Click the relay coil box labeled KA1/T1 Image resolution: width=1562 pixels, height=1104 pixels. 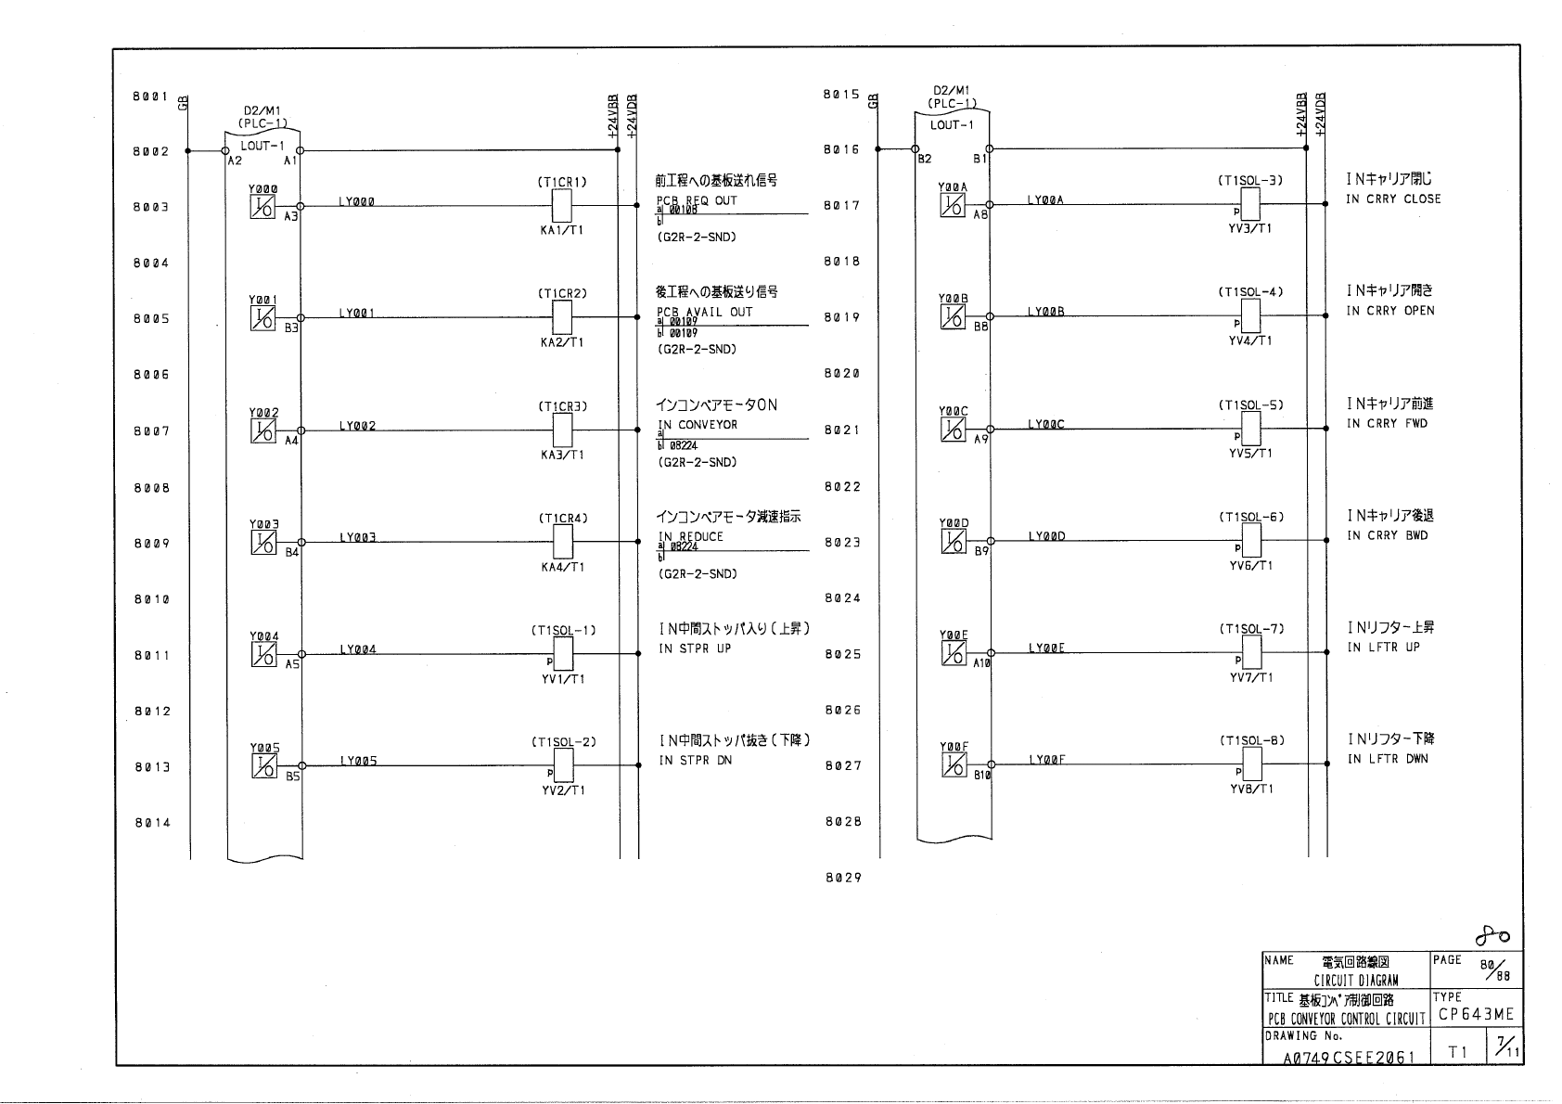pyautogui.click(x=562, y=205)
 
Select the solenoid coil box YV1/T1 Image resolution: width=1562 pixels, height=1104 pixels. pyautogui.click(x=562, y=654)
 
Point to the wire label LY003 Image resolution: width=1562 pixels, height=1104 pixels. pyautogui.click(x=357, y=537)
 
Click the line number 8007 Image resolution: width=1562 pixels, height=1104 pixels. pyautogui.click(x=151, y=431)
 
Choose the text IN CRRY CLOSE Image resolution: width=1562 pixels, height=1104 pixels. pyautogui.click(x=1393, y=199)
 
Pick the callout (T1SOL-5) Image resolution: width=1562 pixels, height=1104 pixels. pyautogui.click(x=1250, y=405)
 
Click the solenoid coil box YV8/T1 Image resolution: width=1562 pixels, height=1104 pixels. pyautogui.click(x=1251, y=764)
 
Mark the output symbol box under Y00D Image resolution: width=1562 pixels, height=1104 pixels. pyautogui.click(x=953, y=541)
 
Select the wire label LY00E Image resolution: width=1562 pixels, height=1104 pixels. pyautogui.click(x=1045, y=648)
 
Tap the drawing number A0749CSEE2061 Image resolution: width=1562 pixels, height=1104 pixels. pyautogui.click(x=1349, y=1057)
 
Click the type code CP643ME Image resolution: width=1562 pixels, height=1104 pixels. pyautogui.click(x=1476, y=1015)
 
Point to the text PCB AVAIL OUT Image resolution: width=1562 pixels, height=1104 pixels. pyautogui.click(x=704, y=313)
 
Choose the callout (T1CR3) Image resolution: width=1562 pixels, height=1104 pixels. pyautogui.click(x=562, y=406)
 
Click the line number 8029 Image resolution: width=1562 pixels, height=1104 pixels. pyautogui.click(x=843, y=878)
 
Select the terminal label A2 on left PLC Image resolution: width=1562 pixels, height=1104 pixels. pyautogui.click(x=235, y=160)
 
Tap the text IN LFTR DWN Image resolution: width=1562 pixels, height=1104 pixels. pyautogui.click(x=1388, y=759)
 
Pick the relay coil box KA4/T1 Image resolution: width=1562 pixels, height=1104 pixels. pyautogui.click(x=562, y=541)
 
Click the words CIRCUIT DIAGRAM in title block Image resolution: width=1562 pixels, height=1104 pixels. pyautogui.click(x=1355, y=981)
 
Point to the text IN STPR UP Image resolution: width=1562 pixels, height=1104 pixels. pyautogui.click(x=695, y=648)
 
